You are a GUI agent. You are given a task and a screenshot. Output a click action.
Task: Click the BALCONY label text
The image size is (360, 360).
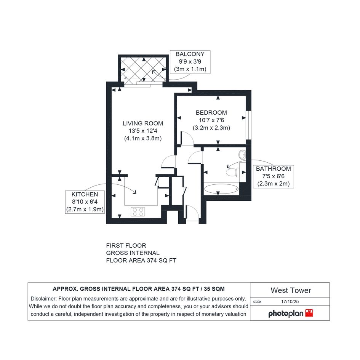click(x=190, y=54)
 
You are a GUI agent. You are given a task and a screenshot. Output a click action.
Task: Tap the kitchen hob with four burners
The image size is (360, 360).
click(x=138, y=212)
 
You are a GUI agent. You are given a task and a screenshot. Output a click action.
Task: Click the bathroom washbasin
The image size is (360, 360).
click(x=242, y=154)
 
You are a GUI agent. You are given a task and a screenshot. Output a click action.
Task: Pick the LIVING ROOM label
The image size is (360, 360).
click(x=143, y=123)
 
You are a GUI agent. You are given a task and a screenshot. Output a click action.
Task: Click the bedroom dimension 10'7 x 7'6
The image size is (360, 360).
click(x=211, y=120)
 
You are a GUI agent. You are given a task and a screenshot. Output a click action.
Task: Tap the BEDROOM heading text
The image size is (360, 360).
click(x=211, y=113)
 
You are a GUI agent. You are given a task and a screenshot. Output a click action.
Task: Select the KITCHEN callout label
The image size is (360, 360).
click(x=85, y=194)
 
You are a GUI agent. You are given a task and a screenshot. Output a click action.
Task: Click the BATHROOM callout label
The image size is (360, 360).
click(x=273, y=169)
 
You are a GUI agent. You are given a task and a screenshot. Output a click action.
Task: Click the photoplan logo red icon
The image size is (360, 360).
click(x=309, y=314)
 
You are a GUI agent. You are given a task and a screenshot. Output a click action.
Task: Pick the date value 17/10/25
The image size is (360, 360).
click(x=290, y=302)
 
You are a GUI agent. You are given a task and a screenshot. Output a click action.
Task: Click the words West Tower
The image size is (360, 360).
click(x=291, y=290)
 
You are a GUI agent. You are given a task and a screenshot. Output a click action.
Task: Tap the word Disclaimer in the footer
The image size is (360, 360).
click(x=44, y=299)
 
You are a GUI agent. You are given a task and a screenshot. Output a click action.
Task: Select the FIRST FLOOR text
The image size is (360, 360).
click(x=126, y=246)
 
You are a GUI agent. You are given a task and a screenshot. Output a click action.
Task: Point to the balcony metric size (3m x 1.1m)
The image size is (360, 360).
click(x=190, y=69)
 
